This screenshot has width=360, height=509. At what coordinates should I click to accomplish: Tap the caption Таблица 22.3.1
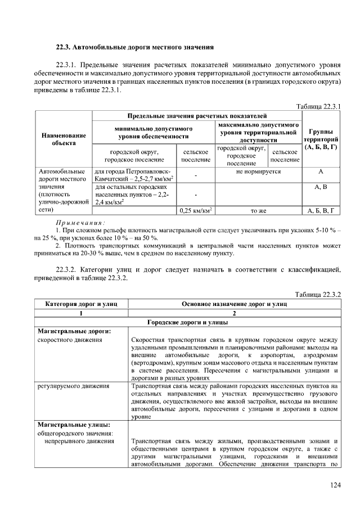tap(318, 106)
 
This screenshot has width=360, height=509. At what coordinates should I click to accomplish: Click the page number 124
tap(335, 485)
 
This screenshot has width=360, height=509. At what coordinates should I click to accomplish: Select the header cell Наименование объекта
tap(64, 139)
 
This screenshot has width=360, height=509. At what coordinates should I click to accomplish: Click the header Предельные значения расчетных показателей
tap(196, 115)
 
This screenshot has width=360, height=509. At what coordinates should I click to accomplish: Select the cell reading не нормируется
tap(258, 171)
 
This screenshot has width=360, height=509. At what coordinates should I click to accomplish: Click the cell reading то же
tap(258, 211)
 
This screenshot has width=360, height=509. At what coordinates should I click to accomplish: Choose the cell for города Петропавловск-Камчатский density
tap(134, 175)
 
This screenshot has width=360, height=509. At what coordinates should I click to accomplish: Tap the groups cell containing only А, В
tap(321, 186)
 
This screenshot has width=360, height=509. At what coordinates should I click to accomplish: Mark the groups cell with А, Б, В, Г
tap(321, 211)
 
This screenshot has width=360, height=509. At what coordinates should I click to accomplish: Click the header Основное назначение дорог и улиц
tap(234, 304)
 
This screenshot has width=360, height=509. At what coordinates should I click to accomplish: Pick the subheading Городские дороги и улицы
tap(187, 322)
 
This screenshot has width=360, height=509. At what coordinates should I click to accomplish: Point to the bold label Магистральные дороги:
tap(73, 331)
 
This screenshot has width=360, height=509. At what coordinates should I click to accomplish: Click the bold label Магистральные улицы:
tap(73, 424)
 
